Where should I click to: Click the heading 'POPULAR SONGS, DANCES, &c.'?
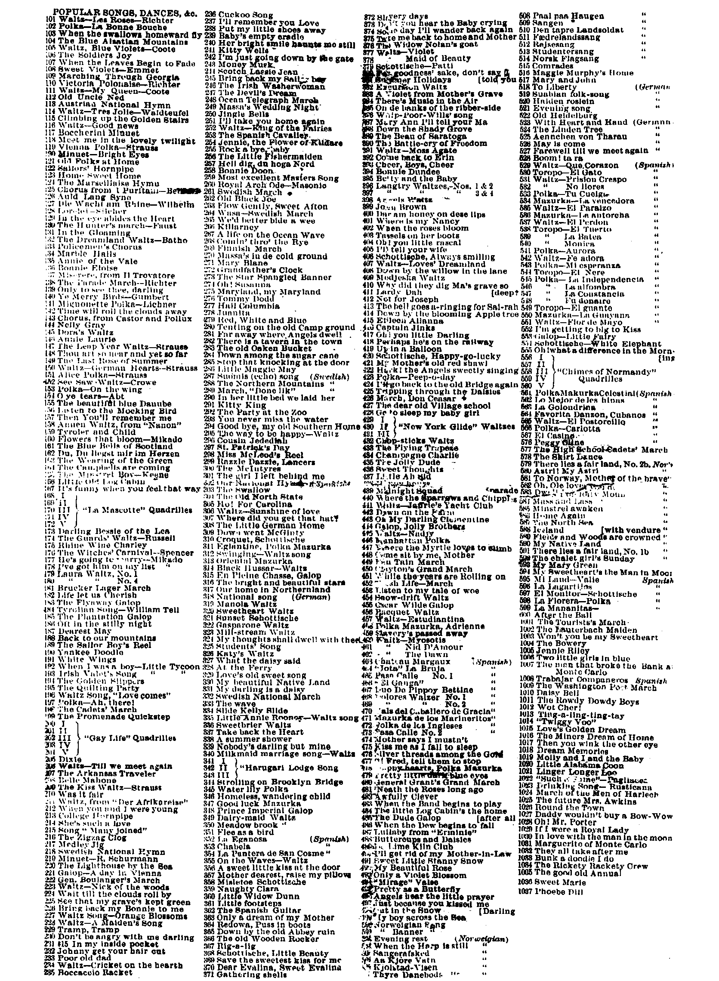[x=125, y=12]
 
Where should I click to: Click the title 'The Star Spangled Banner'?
[x=274, y=277]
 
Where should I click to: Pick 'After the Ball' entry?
[x=562, y=615]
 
